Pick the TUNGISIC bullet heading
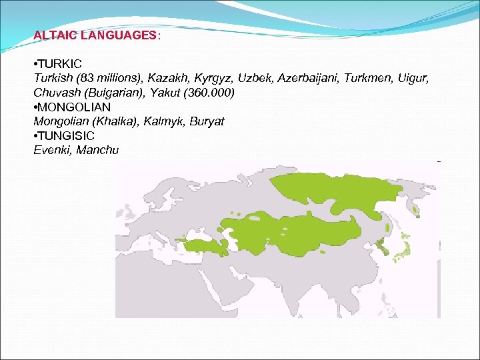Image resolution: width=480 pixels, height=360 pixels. (66, 135)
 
